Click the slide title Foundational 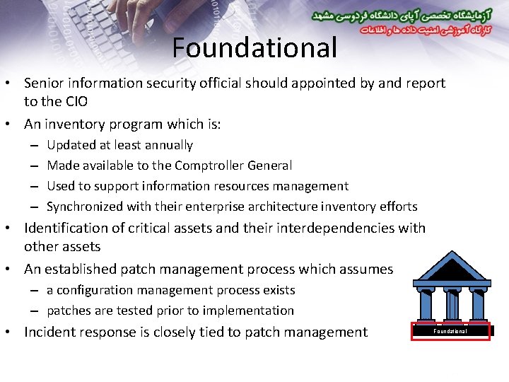255,47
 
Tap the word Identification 69,228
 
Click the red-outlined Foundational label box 450,331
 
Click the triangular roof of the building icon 450,267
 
